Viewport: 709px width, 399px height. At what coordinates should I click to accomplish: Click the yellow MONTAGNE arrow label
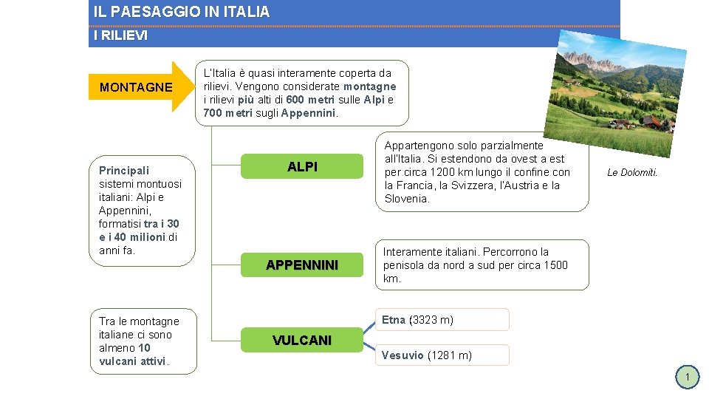pyautogui.click(x=137, y=87)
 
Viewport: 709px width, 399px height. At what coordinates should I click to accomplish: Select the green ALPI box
pyautogui.click(x=302, y=167)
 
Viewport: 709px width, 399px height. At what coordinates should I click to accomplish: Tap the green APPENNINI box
pyautogui.click(x=302, y=265)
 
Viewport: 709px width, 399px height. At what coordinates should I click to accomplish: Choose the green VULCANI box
pyautogui.click(x=302, y=341)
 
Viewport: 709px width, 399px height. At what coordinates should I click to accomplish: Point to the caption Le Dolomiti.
pyautogui.click(x=631, y=173)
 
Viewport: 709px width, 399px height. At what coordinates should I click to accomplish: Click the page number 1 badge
pyautogui.click(x=687, y=378)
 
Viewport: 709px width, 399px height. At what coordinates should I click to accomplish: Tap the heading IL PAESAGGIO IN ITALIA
pyautogui.click(x=182, y=13)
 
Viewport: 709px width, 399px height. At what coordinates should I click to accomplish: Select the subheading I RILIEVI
pyautogui.click(x=120, y=35)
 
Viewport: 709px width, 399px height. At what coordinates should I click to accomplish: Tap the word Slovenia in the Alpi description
pyautogui.click(x=406, y=199)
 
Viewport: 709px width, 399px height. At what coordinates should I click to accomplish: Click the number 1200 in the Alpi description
pyautogui.click(x=442, y=172)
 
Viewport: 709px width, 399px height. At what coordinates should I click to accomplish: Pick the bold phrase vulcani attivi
pyautogui.click(x=132, y=361)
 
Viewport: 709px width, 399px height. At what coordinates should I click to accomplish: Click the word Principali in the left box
pyautogui.click(x=124, y=171)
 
